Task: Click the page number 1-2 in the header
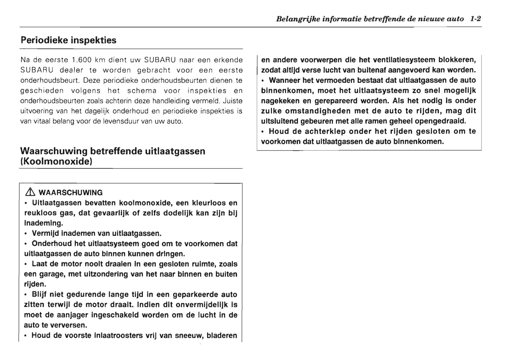pos(475,19)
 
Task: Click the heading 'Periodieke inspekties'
pos(68,40)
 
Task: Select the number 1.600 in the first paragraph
pos(81,60)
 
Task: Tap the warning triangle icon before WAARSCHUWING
pos(30,192)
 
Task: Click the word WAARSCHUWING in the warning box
pos(71,193)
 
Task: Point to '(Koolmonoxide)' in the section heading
pos(56,162)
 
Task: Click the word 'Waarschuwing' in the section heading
pos(54,151)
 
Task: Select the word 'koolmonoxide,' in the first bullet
pos(145,203)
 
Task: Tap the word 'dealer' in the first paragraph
pos(72,70)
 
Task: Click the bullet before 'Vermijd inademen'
pos(26,234)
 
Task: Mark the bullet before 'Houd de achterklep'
pos(263,132)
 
